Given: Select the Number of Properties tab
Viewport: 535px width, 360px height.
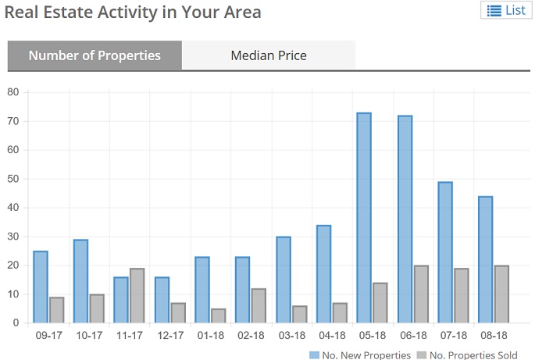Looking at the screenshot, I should (95, 55).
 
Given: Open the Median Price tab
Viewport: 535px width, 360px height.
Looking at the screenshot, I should (269, 55).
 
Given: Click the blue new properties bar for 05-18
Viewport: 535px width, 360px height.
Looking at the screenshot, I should (364, 218).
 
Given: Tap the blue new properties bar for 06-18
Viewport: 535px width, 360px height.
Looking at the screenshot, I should (405, 219).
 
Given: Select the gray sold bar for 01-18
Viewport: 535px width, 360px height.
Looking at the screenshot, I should (219, 315).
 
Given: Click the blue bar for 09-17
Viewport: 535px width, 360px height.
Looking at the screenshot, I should (41, 287).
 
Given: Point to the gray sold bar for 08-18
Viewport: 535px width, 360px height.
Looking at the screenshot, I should (501, 294).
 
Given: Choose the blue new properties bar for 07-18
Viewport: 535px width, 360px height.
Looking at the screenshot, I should (445, 252).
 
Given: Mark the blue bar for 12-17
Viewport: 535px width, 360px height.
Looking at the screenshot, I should (162, 300).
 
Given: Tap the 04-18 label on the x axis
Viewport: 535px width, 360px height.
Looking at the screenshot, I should (331, 336).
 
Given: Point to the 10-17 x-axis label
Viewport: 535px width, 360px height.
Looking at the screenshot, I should (88, 336).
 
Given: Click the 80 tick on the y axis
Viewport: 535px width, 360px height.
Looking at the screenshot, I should (12, 92).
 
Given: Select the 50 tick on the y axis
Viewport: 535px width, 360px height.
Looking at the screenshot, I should (12, 179).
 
